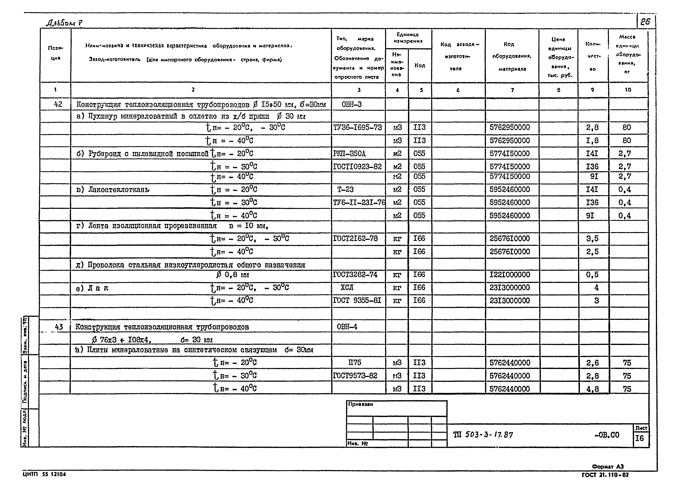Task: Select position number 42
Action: [58, 104]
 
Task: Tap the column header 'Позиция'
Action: [55, 53]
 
